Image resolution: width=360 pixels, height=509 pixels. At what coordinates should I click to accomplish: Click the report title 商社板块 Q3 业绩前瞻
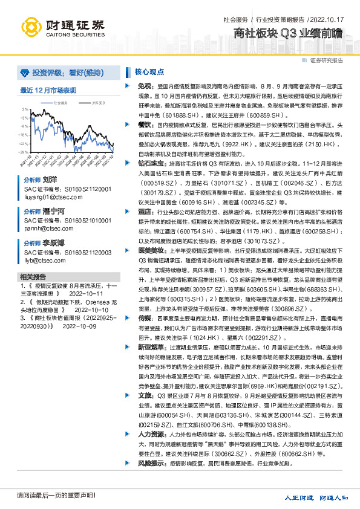point(289,33)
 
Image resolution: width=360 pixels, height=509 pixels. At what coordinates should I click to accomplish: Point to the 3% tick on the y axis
point(25,109)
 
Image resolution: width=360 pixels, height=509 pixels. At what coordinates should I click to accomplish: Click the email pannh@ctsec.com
point(42,229)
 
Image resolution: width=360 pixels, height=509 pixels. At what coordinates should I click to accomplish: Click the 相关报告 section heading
point(31,276)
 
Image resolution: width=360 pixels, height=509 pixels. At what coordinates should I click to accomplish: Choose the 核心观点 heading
point(148,71)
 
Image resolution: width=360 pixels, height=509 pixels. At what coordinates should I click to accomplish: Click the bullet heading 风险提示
point(149,464)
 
